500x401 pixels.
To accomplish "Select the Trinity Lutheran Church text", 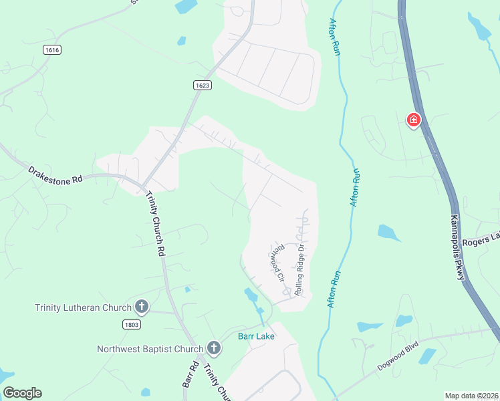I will point(83,307).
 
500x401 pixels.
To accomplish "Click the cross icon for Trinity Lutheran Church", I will point(141,307).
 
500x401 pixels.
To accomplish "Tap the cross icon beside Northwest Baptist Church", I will point(213,348).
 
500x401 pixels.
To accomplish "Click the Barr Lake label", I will point(256,336).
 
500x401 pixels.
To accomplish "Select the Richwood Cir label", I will point(277,261).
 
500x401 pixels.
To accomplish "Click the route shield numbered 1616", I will point(51,50).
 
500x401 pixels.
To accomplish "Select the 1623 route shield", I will point(204,85).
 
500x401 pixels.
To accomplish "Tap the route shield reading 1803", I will point(131,324).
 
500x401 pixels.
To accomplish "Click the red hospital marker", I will point(414,120).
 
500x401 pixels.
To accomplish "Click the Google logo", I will point(22,393).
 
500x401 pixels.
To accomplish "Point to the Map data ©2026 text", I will point(471,396).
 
